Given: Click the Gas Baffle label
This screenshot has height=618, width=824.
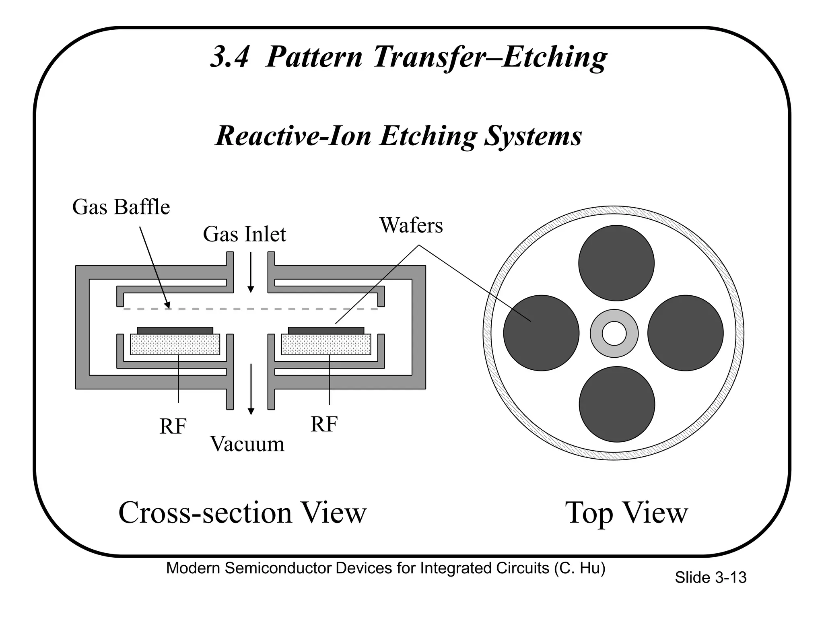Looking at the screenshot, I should click(x=121, y=207).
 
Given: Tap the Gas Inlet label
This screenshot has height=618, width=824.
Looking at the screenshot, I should click(x=244, y=234).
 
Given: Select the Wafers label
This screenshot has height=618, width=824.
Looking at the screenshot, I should click(x=411, y=225).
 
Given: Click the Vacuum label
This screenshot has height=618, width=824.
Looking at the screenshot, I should click(x=247, y=444).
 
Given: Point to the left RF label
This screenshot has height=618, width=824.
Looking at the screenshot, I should click(x=173, y=426).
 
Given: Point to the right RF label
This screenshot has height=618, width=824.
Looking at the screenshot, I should click(x=324, y=424).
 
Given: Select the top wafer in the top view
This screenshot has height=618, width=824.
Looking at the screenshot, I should click(x=616, y=263).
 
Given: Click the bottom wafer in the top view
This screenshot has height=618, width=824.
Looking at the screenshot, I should click(x=616, y=404).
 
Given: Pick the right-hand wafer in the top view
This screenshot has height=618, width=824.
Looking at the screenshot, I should click(x=685, y=333).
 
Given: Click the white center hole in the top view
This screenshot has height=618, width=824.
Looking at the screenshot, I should click(x=614, y=334).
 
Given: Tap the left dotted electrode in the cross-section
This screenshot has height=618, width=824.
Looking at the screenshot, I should click(x=175, y=344).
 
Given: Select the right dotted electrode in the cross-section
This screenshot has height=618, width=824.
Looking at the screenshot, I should click(x=326, y=344).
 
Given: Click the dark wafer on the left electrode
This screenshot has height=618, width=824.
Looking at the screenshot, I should click(x=175, y=330).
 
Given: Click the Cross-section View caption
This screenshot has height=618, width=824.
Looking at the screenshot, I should click(x=242, y=513).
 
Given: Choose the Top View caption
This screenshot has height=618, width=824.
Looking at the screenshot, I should click(x=626, y=513).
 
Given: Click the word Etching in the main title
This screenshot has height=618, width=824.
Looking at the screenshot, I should click(x=554, y=57).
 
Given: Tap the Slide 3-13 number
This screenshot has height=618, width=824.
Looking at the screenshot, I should click(x=710, y=578).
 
